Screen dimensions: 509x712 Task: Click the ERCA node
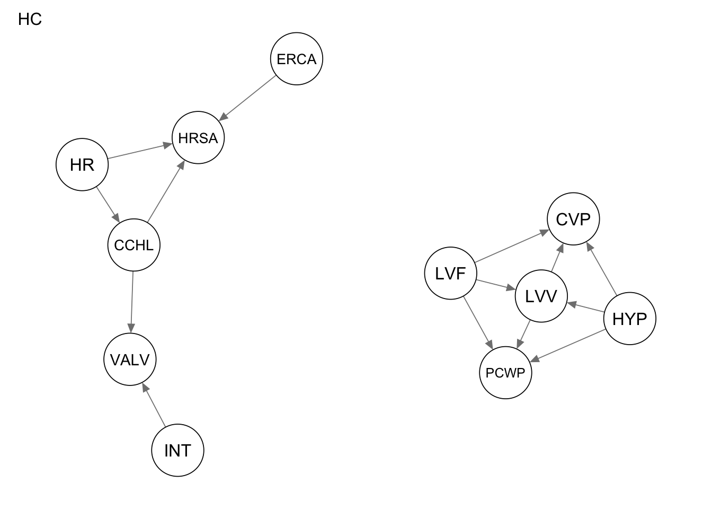(297, 59)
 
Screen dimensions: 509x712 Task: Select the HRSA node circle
(198, 138)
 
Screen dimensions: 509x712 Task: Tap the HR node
(82, 165)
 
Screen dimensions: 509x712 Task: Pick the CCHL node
(134, 245)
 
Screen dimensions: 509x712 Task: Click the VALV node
(130, 359)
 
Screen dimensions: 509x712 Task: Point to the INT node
(177, 450)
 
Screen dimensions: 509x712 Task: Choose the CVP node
(573, 219)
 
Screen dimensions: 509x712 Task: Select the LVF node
(450, 274)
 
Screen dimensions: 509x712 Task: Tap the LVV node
(541, 296)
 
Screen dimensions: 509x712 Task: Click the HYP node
(630, 319)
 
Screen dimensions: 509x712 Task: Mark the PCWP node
(505, 373)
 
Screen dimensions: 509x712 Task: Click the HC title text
(30, 20)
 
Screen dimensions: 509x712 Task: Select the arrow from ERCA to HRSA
(248, 98)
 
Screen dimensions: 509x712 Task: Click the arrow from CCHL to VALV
(132, 302)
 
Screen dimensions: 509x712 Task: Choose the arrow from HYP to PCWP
(567, 346)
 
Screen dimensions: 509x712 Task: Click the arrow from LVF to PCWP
(478, 323)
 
